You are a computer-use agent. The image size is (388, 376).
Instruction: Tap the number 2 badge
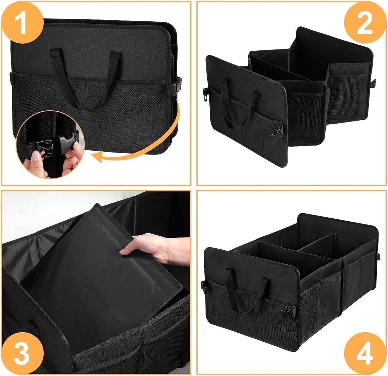(364, 24)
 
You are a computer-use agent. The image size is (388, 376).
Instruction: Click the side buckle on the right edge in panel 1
(176, 85)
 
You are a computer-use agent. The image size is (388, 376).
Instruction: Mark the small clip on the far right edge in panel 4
(379, 256)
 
